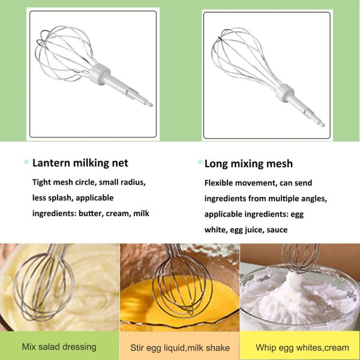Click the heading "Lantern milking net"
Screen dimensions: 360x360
(x=80, y=163)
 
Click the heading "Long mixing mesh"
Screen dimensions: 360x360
(x=248, y=164)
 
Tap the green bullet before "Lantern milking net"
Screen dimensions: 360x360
(x=26, y=162)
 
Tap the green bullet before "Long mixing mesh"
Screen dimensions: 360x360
(x=200, y=162)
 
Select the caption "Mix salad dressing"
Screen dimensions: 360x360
(x=59, y=347)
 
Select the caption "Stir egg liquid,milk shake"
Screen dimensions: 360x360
(x=180, y=347)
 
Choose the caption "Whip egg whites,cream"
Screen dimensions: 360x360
(x=302, y=347)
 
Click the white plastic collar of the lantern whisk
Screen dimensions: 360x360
(x=100, y=73)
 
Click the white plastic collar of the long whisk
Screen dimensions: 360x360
(x=285, y=93)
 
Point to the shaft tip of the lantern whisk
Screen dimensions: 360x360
(x=151, y=104)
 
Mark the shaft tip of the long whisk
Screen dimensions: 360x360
(x=322, y=124)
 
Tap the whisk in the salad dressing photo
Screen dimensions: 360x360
(x=44, y=284)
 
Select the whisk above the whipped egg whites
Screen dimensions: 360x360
(x=301, y=258)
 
